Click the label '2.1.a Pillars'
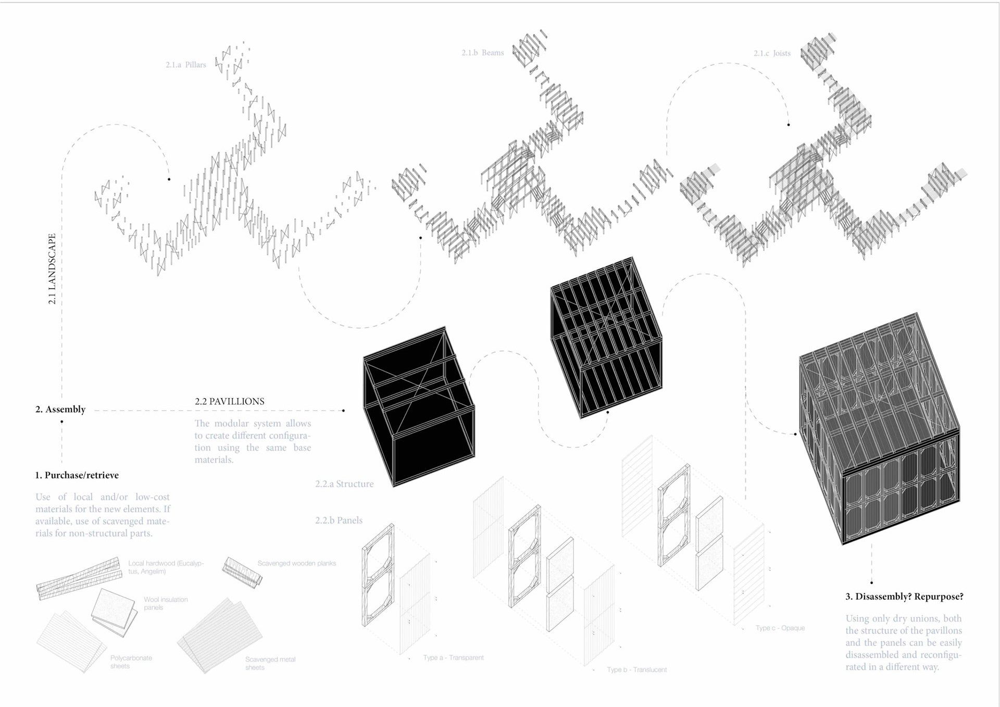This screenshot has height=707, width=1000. coord(186,65)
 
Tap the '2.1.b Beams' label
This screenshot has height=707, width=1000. coord(482,53)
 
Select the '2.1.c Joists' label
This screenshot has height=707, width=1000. coord(772,53)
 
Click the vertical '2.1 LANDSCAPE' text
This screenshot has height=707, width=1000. coord(52,268)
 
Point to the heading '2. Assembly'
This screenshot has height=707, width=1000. coord(60,409)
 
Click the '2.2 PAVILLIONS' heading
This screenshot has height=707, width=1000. coord(229,401)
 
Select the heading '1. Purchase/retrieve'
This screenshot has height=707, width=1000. coord(77,475)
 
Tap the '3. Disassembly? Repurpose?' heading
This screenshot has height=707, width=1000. coord(904,597)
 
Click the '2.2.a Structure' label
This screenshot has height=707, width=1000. coord(344,484)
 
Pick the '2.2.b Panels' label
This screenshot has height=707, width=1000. coord(339,520)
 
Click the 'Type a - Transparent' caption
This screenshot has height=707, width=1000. coord(453,658)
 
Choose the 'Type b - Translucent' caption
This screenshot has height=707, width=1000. coord(636,669)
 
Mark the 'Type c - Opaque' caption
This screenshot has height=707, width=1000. coord(780,628)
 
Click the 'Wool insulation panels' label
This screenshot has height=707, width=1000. coord(166,603)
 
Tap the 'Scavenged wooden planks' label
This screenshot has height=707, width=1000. coord(296,563)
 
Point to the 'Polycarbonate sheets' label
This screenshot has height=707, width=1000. coord(131,662)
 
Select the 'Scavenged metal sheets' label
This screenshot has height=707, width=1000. coord(270,663)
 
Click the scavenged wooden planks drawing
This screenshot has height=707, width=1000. coord(242,572)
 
